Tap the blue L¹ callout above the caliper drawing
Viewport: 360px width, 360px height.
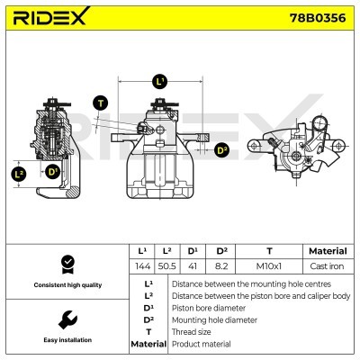coord(161,81)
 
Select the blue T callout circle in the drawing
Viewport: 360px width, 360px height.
coord(99,102)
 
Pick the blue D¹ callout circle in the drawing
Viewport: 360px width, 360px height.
coord(52,171)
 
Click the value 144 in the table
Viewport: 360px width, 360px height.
coord(141,267)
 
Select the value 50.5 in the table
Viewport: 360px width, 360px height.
coord(167,267)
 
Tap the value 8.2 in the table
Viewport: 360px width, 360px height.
coord(221,267)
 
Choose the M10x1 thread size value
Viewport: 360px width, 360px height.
coord(269,267)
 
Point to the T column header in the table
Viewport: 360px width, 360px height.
coord(269,251)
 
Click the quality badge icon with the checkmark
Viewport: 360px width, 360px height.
coord(66,264)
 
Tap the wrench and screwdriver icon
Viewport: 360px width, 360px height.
coord(66,319)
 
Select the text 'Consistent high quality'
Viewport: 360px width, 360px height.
coord(66,285)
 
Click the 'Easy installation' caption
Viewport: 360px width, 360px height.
coord(66,340)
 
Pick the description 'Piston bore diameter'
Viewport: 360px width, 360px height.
coord(209,307)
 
